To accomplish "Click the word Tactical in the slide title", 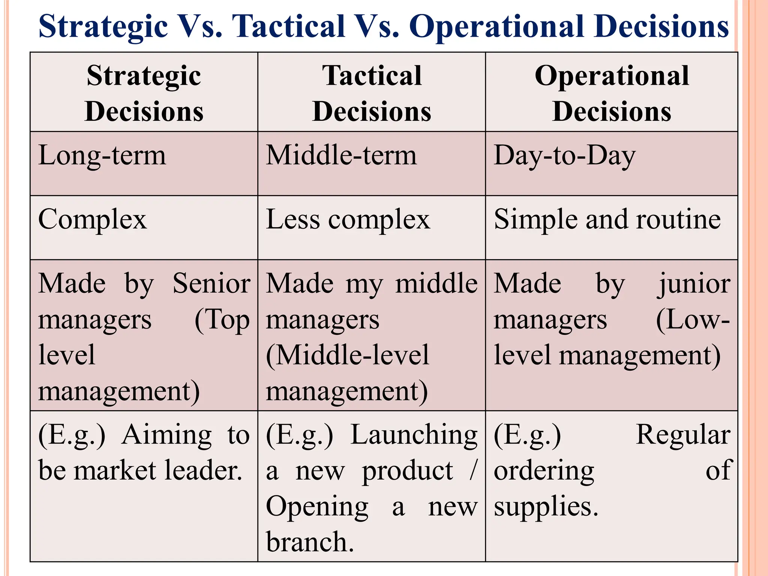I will click(288, 26).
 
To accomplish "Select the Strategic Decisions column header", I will click(144, 93).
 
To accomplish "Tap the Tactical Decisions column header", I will click(372, 93).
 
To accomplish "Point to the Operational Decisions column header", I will click(612, 93).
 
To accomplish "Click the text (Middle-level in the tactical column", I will click(347, 355).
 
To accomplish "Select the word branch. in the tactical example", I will click(310, 542).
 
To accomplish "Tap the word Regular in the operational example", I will click(683, 435).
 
